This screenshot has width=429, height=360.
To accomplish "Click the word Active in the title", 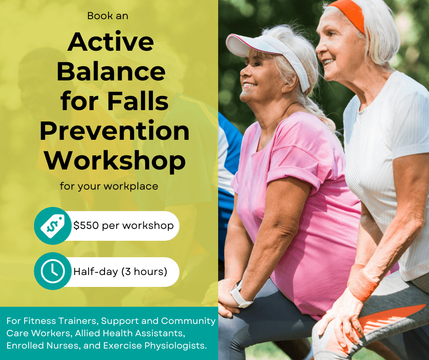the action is tap(110, 42).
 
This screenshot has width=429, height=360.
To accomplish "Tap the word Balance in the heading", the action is tap(111, 71).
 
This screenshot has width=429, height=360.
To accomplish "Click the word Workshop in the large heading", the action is tap(115, 161).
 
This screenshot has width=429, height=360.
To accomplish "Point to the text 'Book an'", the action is tap(108, 16).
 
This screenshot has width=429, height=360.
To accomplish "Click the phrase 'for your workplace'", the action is tap(109, 186).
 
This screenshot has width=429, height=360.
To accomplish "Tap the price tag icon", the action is tap(52, 226).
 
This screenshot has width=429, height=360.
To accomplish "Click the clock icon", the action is tap(53, 271).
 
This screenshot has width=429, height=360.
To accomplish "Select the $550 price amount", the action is tap(86, 226).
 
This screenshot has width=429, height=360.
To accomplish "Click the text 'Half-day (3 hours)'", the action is tap(120, 271).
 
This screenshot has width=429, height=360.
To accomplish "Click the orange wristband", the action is tap(362, 282).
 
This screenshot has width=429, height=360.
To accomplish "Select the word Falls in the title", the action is tap(138, 101).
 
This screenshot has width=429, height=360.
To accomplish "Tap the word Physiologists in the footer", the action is tap(175, 346).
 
